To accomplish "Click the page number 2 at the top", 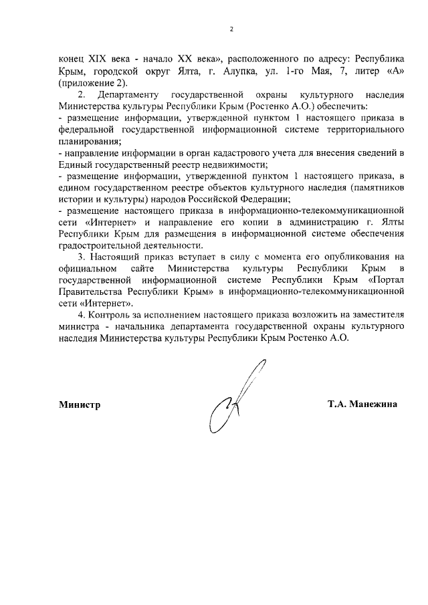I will coord(231,29).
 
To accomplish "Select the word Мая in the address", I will coord(312,71).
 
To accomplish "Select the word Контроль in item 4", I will coord(111,315).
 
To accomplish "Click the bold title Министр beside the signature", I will coord(79,404).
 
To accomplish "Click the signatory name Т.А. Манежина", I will coord(362,404).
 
